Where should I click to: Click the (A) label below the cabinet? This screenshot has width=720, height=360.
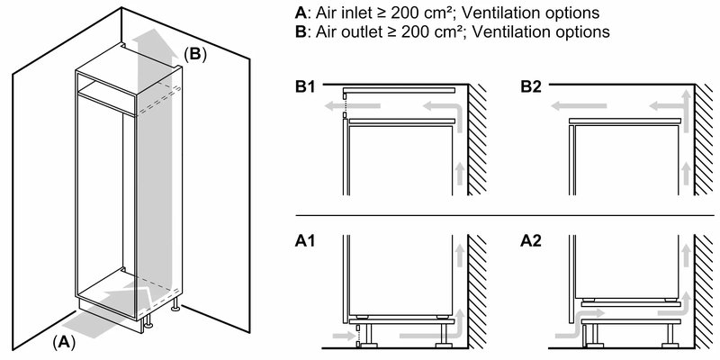(x=63, y=341)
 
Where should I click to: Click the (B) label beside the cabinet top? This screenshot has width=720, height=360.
(x=195, y=54)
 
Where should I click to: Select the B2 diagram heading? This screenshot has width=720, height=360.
(x=530, y=88)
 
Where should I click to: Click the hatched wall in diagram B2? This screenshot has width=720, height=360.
(x=703, y=144)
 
